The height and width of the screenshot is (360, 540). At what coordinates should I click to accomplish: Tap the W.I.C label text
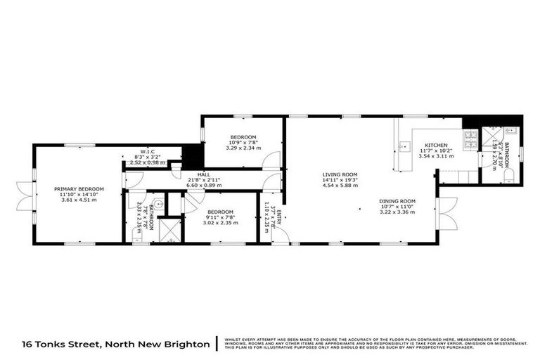(148, 151)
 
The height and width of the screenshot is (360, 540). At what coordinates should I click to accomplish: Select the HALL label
(203, 174)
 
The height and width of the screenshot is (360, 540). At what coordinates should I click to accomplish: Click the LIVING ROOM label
(340, 174)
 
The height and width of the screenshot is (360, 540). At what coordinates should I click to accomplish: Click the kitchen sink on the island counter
(403, 147)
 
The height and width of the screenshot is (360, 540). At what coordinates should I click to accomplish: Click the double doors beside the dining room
(443, 214)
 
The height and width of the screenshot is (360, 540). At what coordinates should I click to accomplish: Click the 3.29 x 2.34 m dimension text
(243, 148)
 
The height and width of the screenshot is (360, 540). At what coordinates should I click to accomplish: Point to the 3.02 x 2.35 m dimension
(220, 223)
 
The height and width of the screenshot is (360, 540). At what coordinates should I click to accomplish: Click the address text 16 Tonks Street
(70, 345)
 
